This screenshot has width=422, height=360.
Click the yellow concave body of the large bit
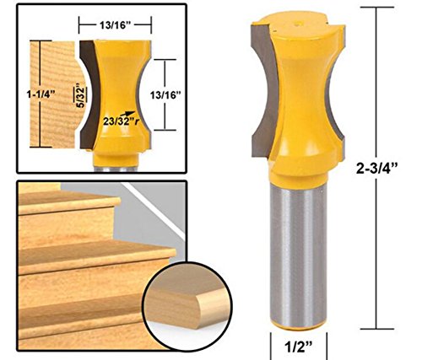[x=298, y=93]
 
